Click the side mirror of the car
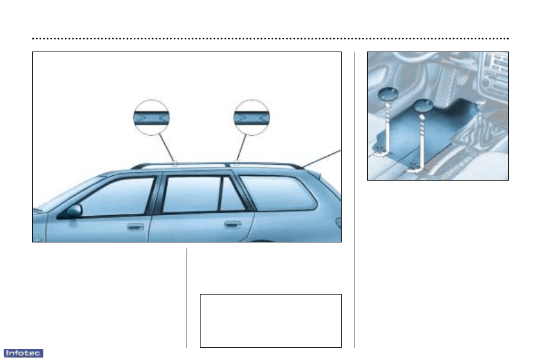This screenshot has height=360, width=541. tap(73, 211)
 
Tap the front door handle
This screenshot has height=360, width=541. tap(135, 228)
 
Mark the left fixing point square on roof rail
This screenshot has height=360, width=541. tap(174, 163)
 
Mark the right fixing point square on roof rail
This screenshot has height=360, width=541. tap(237, 162)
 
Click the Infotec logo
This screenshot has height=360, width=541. tap(23, 353)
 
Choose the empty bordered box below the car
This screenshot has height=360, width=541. tap(271, 321)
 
